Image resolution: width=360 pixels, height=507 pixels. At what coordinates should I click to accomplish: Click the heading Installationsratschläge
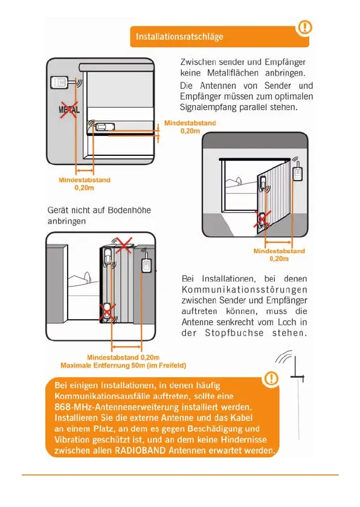coord(179,36)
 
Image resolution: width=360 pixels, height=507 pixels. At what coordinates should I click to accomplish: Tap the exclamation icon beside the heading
coord(304,27)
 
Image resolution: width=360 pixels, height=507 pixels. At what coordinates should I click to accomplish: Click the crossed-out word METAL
coord(69,109)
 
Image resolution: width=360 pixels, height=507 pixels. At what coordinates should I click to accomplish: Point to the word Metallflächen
coord(233,73)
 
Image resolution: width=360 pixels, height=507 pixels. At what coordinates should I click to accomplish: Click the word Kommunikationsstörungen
coord(244,289)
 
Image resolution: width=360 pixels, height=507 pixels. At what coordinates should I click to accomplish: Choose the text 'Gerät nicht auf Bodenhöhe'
coord(99,210)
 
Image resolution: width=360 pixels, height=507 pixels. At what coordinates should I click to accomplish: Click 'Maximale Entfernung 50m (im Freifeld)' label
coord(123,366)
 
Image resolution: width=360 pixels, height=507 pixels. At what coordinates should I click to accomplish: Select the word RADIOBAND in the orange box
coord(140,450)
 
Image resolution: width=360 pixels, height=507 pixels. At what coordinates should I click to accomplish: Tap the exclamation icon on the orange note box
coord(271,378)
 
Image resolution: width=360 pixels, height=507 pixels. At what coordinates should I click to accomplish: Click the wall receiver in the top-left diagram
coord(59,82)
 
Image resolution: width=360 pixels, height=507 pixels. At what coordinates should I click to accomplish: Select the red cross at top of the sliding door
coord(124,245)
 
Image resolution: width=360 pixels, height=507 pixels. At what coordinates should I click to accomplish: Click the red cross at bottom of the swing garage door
coord(262,219)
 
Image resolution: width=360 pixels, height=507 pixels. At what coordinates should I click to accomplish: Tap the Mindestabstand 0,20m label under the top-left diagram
coord(85,184)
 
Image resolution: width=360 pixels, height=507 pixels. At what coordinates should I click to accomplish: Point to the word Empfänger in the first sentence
coord(285,62)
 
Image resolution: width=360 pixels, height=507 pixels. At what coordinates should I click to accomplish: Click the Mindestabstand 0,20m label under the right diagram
coord(279,255)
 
